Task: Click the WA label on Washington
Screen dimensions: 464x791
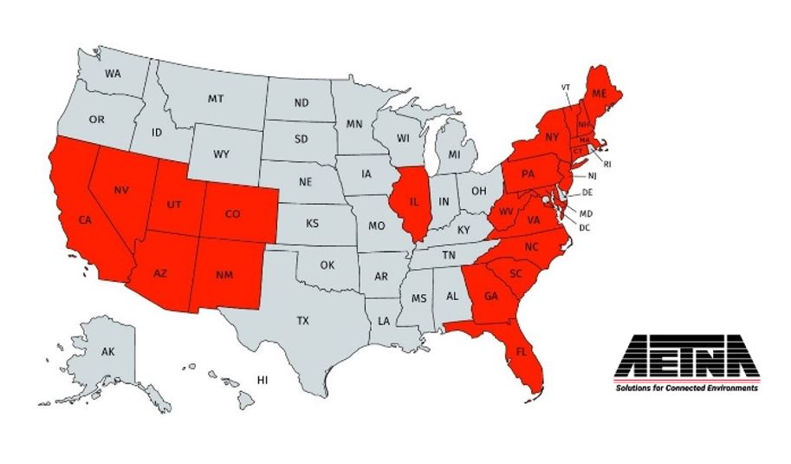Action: pos(113,74)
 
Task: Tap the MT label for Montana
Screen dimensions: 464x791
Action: pos(216,99)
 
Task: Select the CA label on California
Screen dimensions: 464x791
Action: pos(85,219)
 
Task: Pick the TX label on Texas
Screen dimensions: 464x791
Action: pos(302,320)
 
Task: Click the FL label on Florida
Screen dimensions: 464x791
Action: pos(521,352)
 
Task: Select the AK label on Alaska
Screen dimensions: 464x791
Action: pos(107,352)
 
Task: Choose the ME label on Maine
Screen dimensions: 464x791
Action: pos(599,93)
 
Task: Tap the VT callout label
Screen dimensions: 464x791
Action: pos(566,87)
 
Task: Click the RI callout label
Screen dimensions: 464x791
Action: pos(607,163)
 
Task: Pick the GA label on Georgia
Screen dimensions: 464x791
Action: pos(491,295)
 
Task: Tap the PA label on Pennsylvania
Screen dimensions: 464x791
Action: pos(528,173)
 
